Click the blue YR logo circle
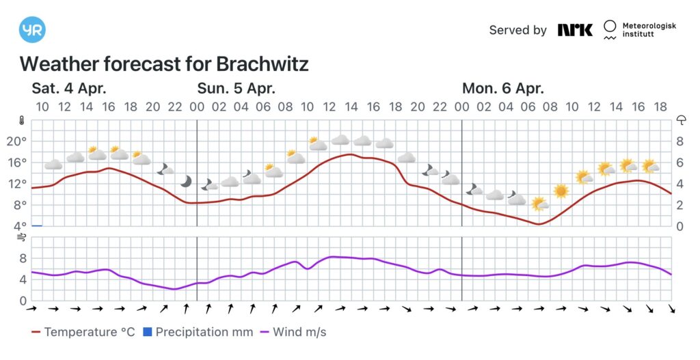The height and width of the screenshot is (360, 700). tap(32, 29)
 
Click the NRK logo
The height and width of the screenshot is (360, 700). tap(575, 30)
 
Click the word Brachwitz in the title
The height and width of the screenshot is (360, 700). tap(262, 64)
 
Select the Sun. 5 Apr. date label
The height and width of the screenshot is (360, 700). tap(236, 88)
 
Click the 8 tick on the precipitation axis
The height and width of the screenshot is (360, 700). tap(681, 141)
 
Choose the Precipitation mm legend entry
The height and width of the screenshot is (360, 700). tap(192, 333)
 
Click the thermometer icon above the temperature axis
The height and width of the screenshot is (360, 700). tap(23, 121)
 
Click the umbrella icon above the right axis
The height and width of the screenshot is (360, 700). tap(681, 121)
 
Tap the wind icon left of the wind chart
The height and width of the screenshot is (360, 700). tap(22, 237)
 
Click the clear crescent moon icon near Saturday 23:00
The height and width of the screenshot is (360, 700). tap(186, 181)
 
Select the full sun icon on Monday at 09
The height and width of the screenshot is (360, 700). tap(561, 191)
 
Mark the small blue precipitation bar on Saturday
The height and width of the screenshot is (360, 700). tap(37, 225)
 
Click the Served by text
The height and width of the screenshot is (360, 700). tap(517, 30)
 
